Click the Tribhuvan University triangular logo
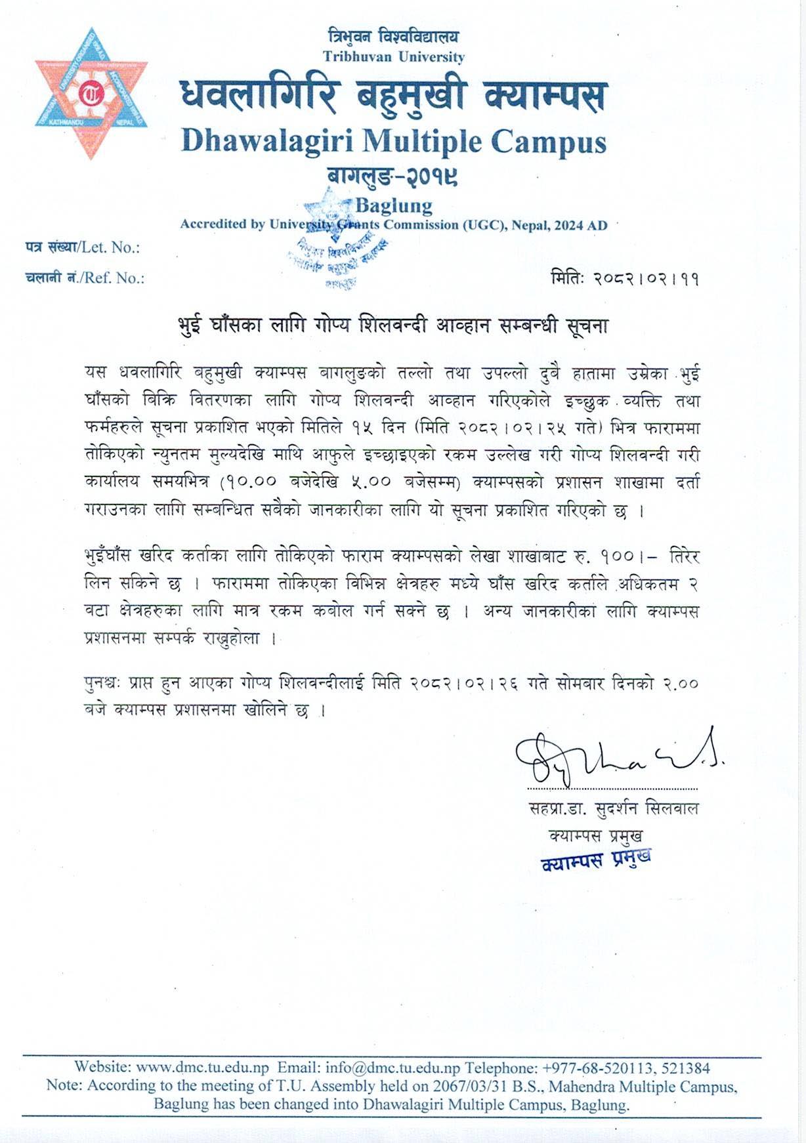click(x=91, y=93)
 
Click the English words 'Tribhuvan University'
click(x=393, y=57)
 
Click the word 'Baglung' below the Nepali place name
click(x=393, y=205)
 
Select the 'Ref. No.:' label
click(x=111, y=278)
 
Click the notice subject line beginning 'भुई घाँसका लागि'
click(x=393, y=326)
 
